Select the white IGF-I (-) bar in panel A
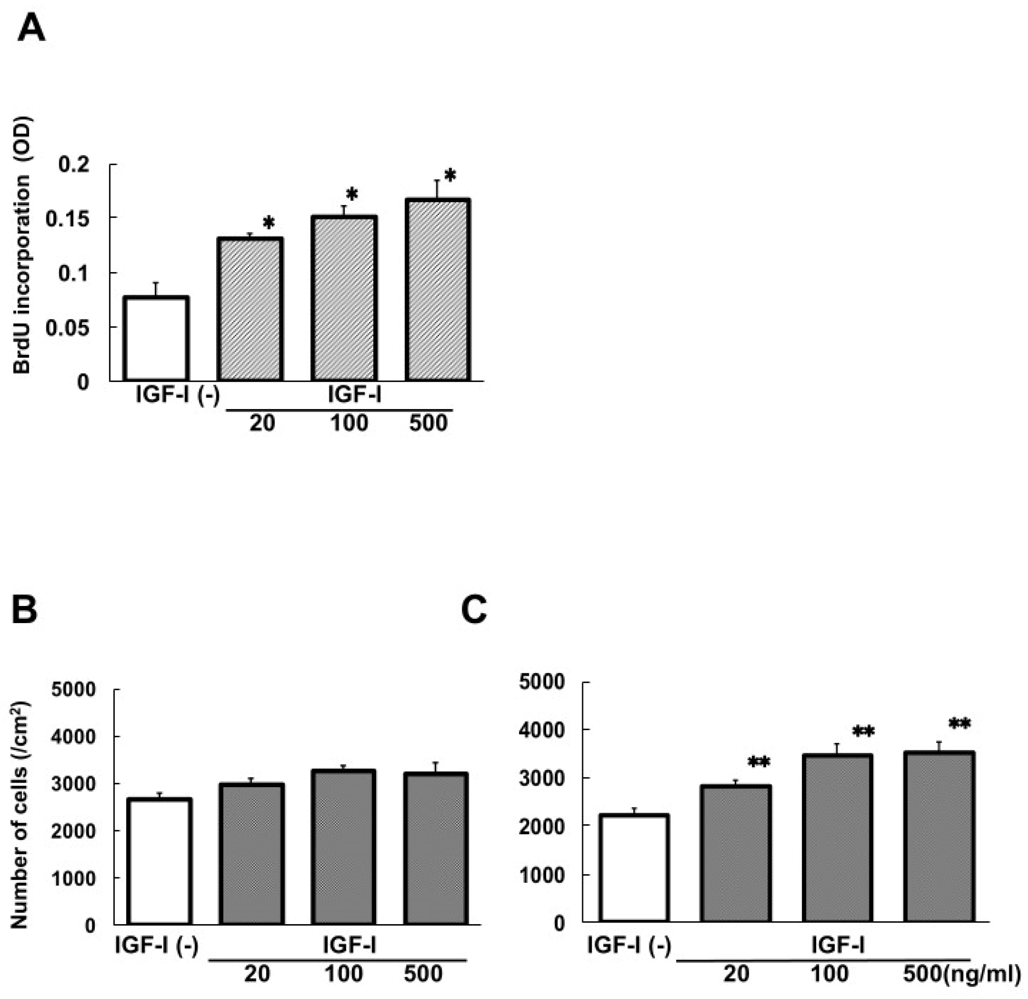[x=156, y=338]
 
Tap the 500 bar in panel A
[x=437, y=290]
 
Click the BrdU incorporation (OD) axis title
[x=23, y=244]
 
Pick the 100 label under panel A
[x=349, y=423]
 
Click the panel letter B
[x=24, y=610]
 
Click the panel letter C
[x=474, y=610]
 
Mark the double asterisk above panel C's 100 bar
[x=863, y=731]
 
